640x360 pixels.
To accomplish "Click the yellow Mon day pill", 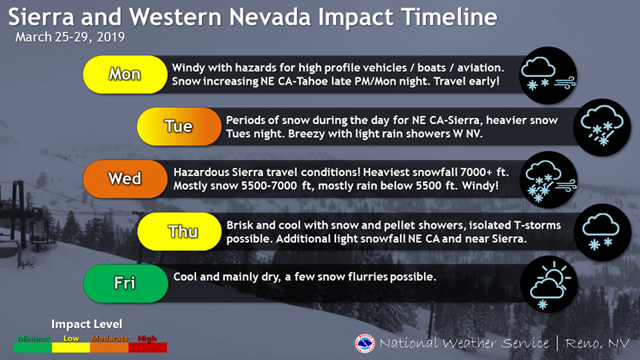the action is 125,74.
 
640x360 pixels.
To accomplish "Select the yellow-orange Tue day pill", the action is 179,127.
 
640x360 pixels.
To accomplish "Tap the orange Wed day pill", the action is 125,179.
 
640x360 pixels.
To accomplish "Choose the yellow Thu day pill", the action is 179,231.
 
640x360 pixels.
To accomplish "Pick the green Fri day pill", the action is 125,283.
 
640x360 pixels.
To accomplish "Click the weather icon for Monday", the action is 548,75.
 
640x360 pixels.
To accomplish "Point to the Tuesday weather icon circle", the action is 602,127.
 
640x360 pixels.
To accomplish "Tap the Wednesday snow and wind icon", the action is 548,179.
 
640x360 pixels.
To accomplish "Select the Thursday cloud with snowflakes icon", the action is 602,232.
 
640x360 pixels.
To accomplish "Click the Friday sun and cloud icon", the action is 549,284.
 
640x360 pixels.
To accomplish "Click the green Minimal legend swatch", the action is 33,347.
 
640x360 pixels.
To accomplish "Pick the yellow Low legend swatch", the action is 71,347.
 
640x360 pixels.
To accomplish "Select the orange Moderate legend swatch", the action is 109,347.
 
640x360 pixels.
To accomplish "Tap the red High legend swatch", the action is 148,347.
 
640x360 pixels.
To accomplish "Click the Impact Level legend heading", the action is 87,324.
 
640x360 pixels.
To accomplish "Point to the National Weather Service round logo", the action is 365,343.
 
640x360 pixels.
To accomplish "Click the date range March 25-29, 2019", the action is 70,37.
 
